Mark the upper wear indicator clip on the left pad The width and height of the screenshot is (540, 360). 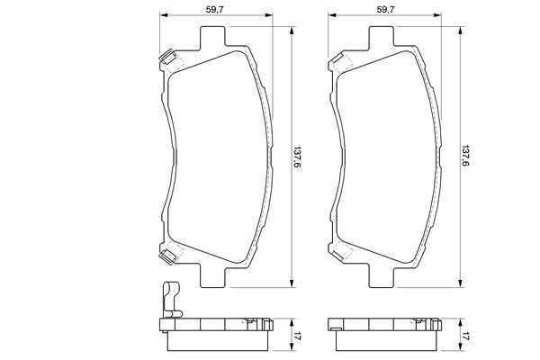click(x=166, y=61)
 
